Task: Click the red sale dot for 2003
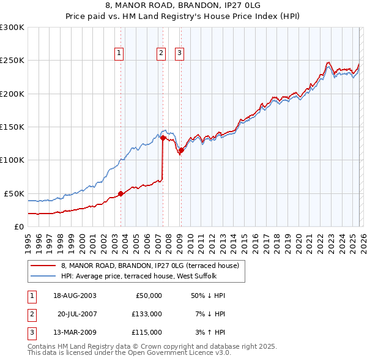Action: tap(120, 193)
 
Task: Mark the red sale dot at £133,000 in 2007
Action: tap(163, 138)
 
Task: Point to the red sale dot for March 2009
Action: tap(181, 150)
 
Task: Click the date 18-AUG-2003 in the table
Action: tap(74, 296)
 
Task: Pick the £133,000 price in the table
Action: tap(147, 314)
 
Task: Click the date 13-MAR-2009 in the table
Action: tap(74, 332)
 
